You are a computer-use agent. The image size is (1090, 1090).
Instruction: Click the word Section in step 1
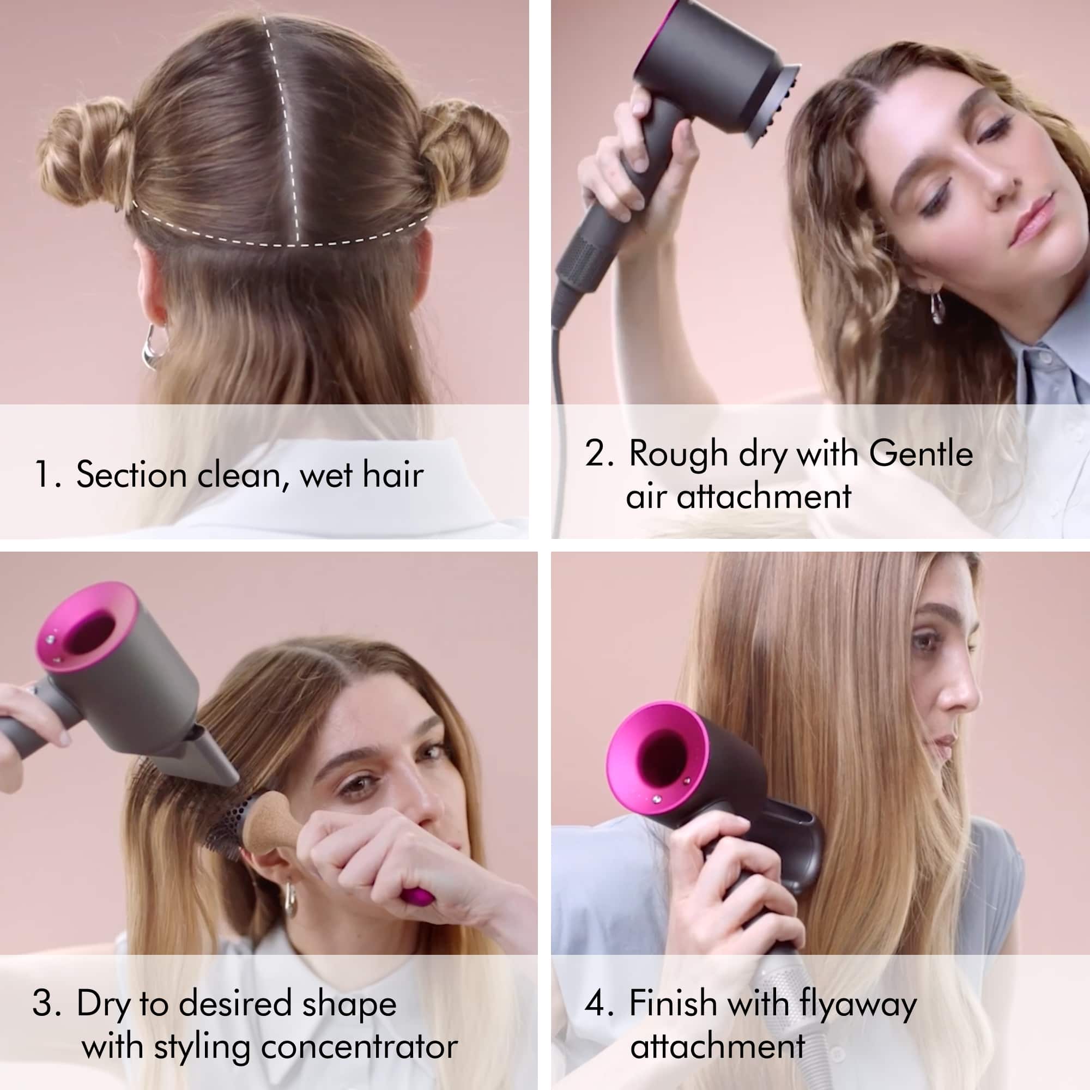131,475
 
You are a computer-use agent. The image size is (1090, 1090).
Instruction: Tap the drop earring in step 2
934,307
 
